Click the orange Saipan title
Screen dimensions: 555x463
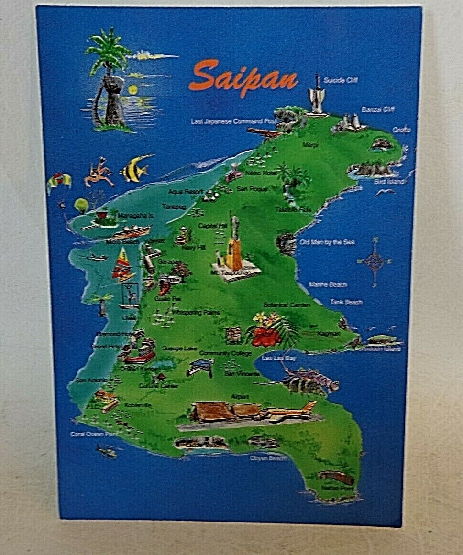point(243,77)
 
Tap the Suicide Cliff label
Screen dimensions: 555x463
point(340,80)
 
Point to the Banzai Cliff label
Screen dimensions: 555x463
point(378,109)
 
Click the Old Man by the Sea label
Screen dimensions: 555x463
point(327,242)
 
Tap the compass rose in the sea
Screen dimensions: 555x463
point(375,261)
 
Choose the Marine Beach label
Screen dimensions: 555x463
point(328,284)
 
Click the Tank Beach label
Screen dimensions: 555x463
point(346,302)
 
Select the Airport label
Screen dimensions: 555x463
point(240,397)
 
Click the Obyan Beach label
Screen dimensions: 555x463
point(267,458)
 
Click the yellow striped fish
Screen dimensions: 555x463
point(134,170)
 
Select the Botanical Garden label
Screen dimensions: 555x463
point(287,305)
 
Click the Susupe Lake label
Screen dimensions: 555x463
point(179,348)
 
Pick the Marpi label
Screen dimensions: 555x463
point(310,144)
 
